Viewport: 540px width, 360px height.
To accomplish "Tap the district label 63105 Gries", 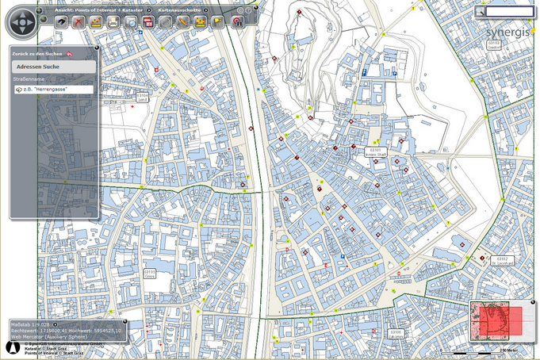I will [x=150, y=274].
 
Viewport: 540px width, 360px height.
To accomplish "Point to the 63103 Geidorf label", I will [x=494, y=44].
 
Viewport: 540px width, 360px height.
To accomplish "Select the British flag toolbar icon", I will [x=201, y=22].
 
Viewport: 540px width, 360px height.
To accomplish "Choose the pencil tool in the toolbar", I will [x=183, y=22].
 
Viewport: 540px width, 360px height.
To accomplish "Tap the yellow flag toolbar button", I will [x=218, y=22].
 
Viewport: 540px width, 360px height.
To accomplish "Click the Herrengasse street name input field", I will [x=54, y=90].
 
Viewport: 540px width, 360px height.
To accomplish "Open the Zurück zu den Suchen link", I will [x=36, y=53].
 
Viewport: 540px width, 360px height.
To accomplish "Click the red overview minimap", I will [x=496, y=321].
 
